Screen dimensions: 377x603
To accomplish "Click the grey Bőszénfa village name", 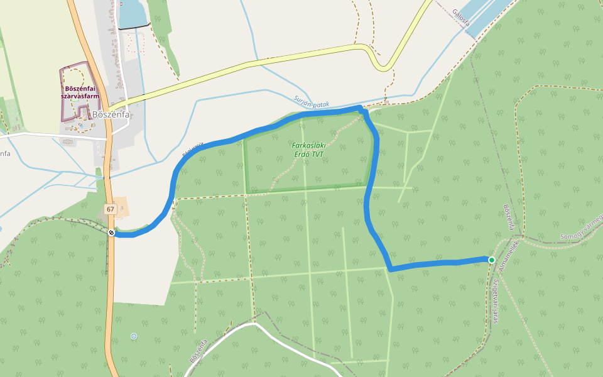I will click(x=111, y=115).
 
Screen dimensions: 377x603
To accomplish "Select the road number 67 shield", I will click(x=111, y=209).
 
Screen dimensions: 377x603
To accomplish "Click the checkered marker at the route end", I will click(x=111, y=233).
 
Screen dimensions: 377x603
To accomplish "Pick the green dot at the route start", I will click(x=491, y=260).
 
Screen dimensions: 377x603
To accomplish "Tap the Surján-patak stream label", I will click(x=311, y=102).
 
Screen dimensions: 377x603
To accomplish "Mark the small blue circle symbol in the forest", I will click(x=134, y=337).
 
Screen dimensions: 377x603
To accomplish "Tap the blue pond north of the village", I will click(x=131, y=14).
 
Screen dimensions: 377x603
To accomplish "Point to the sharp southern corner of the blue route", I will click(x=391, y=269).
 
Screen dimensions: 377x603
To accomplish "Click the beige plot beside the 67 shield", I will click(x=119, y=207).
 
